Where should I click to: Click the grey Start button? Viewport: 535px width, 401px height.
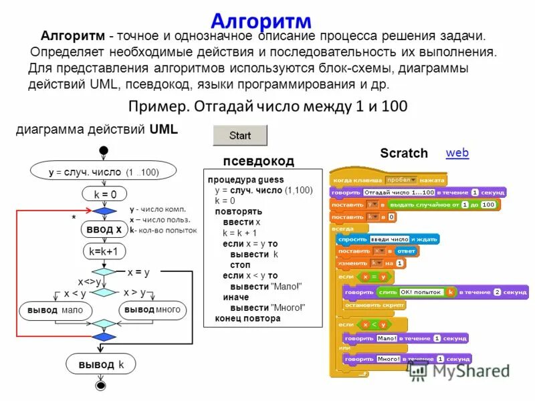pos(239,136)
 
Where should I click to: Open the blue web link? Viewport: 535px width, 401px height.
pos(457,153)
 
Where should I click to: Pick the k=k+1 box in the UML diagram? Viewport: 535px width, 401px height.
pos(104,252)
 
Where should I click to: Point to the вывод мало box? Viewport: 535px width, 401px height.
pos(56,311)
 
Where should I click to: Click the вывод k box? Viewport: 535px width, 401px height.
pos(102,365)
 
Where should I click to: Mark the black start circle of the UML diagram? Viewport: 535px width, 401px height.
pos(103,150)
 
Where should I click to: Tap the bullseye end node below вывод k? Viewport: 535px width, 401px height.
pos(102,386)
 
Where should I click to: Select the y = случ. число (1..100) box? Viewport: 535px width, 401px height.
pos(103,172)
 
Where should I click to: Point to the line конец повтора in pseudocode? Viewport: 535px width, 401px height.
pos(247,319)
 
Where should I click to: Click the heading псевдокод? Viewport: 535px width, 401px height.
pos(258,161)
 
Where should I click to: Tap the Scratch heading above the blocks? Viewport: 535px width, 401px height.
pos(404,153)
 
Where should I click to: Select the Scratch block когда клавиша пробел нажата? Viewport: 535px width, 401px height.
pos(389,180)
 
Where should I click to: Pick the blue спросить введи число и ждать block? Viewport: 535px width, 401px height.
pos(388,239)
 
